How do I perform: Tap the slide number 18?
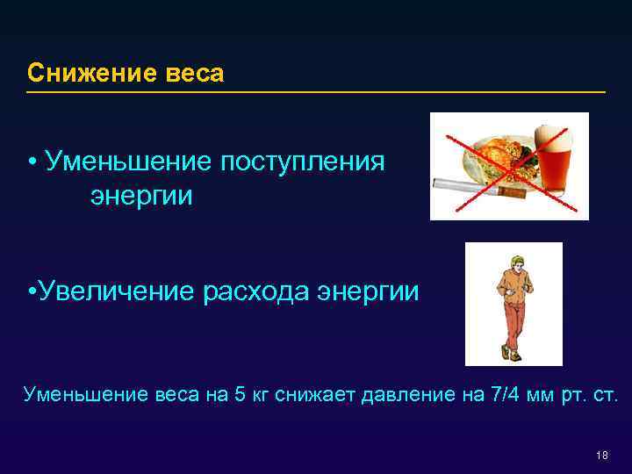click(601, 455)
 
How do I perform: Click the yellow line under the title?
click(316, 91)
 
